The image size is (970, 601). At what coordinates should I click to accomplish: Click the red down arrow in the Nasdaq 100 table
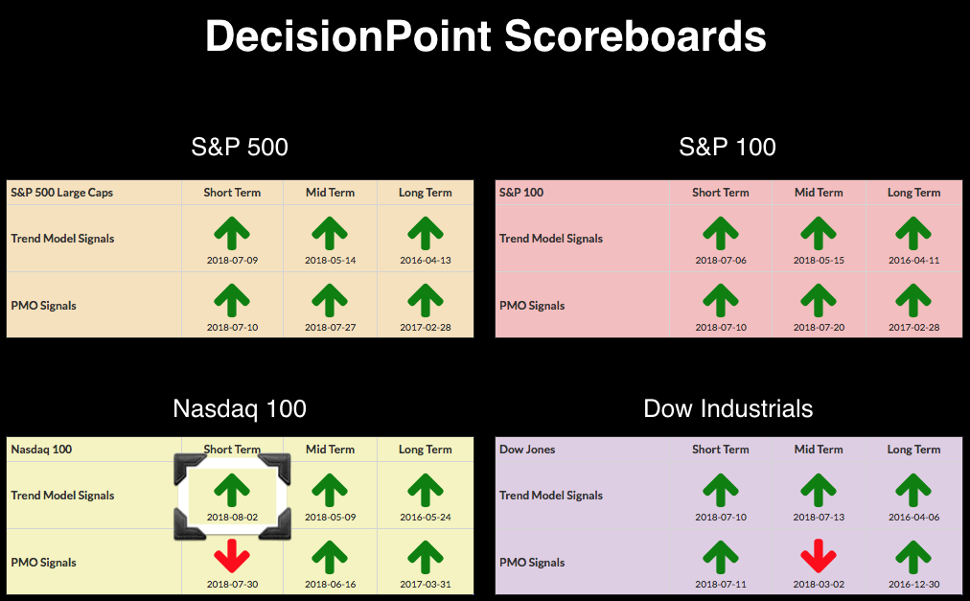tap(232, 555)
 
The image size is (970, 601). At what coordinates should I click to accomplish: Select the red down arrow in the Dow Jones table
tap(819, 555)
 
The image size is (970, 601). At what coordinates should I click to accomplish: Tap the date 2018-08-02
tap(232, 517)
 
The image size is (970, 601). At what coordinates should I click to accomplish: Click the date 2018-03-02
tap(819, 584)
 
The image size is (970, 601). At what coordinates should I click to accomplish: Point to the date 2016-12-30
tap(913, 584)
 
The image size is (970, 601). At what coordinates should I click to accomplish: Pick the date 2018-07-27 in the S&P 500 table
tap(331, 327)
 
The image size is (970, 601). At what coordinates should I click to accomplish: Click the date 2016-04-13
tap(425, 260)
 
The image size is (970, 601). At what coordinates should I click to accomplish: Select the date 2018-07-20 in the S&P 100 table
tap(819, 327)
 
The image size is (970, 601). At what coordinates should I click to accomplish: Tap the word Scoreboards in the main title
tap(635, 35)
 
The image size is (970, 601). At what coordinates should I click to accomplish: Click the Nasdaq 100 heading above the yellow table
tap(240, 408)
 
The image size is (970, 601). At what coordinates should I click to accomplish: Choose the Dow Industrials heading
tap(728, 408)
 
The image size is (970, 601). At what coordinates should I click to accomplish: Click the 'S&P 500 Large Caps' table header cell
tap(62, 193)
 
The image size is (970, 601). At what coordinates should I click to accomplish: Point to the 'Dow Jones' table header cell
tap(527, 450)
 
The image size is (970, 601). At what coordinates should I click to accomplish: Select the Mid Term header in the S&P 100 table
tap(819, 193)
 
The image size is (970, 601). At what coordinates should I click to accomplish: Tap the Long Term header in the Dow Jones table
tap(913, 450)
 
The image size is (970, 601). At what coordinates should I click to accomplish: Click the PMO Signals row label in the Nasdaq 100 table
tap(43, 562)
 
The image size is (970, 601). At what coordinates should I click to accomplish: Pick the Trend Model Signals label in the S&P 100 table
tap(550, 239)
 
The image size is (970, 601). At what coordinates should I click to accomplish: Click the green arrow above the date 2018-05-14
tap(330, 233)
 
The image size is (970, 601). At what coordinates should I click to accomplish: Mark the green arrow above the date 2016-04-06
tap(913, 490)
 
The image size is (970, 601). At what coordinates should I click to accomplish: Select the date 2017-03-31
tap(425, 584)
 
